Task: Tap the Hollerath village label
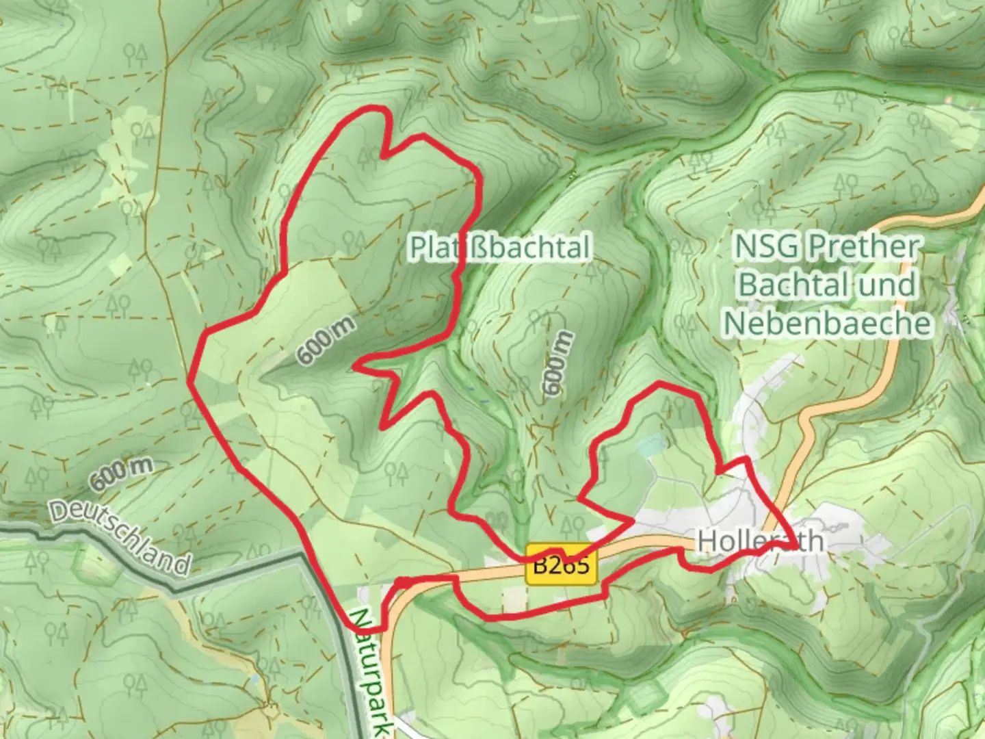coord(759,541)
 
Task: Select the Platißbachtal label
coord(499,247)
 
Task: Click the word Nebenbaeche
coord(828,323)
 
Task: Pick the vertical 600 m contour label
coord(557,363)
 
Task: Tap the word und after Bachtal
coord(889,285)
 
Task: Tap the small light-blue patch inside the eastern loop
coord(650,446)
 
